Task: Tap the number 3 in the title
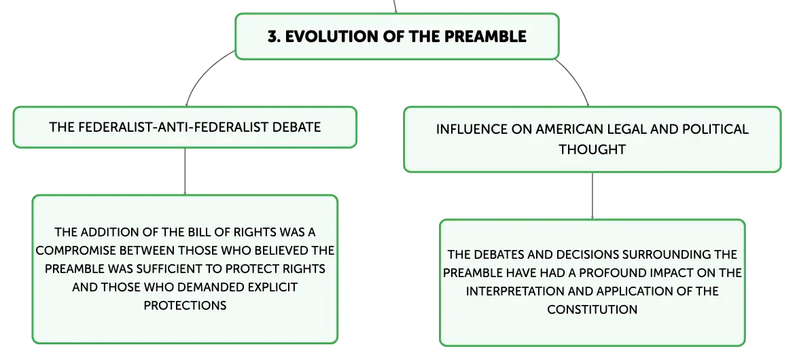tap(272, 37)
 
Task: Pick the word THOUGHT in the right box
tap(593, 149)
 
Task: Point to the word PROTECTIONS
tap(185, 305)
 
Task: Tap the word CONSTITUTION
tap(593, 309)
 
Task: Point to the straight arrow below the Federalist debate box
tap(185, 171)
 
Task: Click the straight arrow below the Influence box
tap(593, 196)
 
